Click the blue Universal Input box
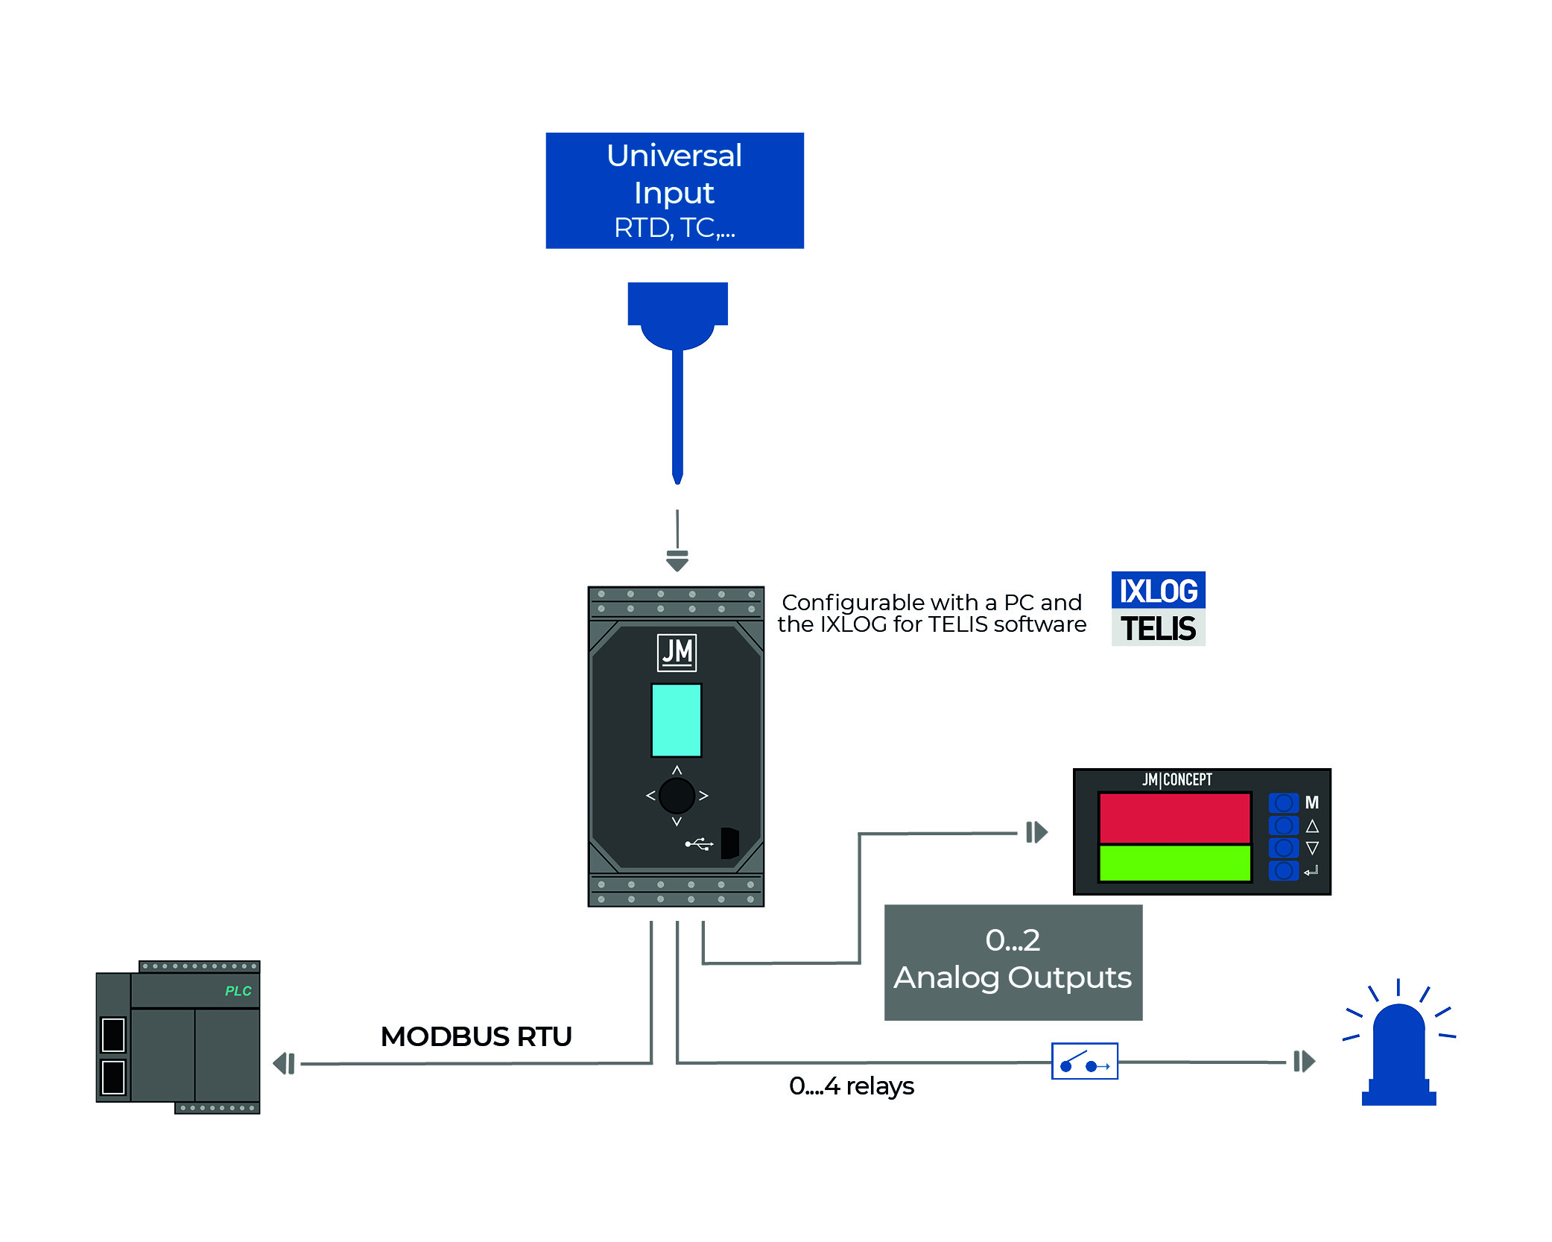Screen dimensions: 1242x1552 click(674, 191)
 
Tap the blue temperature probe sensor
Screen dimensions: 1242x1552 click(677, 373)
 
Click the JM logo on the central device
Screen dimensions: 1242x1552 click(677, 652)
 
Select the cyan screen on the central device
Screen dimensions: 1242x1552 click(676, 720)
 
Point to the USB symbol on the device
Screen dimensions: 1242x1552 click(699, 844)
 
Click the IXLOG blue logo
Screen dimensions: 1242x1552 click(1158, 591)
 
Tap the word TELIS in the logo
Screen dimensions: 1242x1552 click(1158, 628)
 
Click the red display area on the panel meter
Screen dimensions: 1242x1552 click(1174, 818)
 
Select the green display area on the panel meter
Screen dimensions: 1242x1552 click(1174, 863)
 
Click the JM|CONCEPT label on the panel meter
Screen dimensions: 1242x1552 click(1176, 780)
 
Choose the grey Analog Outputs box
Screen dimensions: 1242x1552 click(1013, 962)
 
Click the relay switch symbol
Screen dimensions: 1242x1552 click(1084, 1061)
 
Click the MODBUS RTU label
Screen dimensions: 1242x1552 click(476, 1036)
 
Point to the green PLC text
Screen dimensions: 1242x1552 click(238, 991)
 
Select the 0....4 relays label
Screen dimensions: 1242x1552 click(851, 1086)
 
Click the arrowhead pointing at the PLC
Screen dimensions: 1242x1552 click(284, 1063)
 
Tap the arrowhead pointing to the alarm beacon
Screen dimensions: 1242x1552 click(1305, 1061)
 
